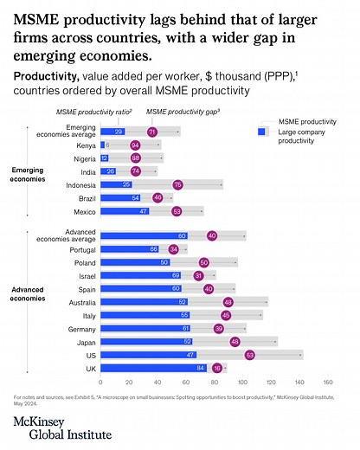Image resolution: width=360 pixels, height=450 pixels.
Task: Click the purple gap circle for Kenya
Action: tap(134, 145)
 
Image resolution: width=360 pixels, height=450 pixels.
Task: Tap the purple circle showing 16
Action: tap(216, 368)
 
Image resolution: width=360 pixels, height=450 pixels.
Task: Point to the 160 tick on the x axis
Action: tap(328, 381)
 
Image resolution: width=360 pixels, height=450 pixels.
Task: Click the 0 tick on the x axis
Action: tap(101, 381)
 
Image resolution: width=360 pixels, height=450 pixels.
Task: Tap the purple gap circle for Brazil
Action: tap(157, 197)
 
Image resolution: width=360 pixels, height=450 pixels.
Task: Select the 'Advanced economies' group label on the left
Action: tap(32, 293)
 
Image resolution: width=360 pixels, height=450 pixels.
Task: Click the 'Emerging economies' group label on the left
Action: tap(32, 173)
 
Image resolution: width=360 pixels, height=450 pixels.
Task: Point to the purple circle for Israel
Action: tap(197, 275)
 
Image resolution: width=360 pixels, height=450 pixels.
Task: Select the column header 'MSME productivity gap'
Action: tap(182, 112)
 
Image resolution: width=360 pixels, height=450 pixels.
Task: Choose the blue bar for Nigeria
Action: tap(105, 158)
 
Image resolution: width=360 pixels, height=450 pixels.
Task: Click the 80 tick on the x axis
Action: tap(215, 381)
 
